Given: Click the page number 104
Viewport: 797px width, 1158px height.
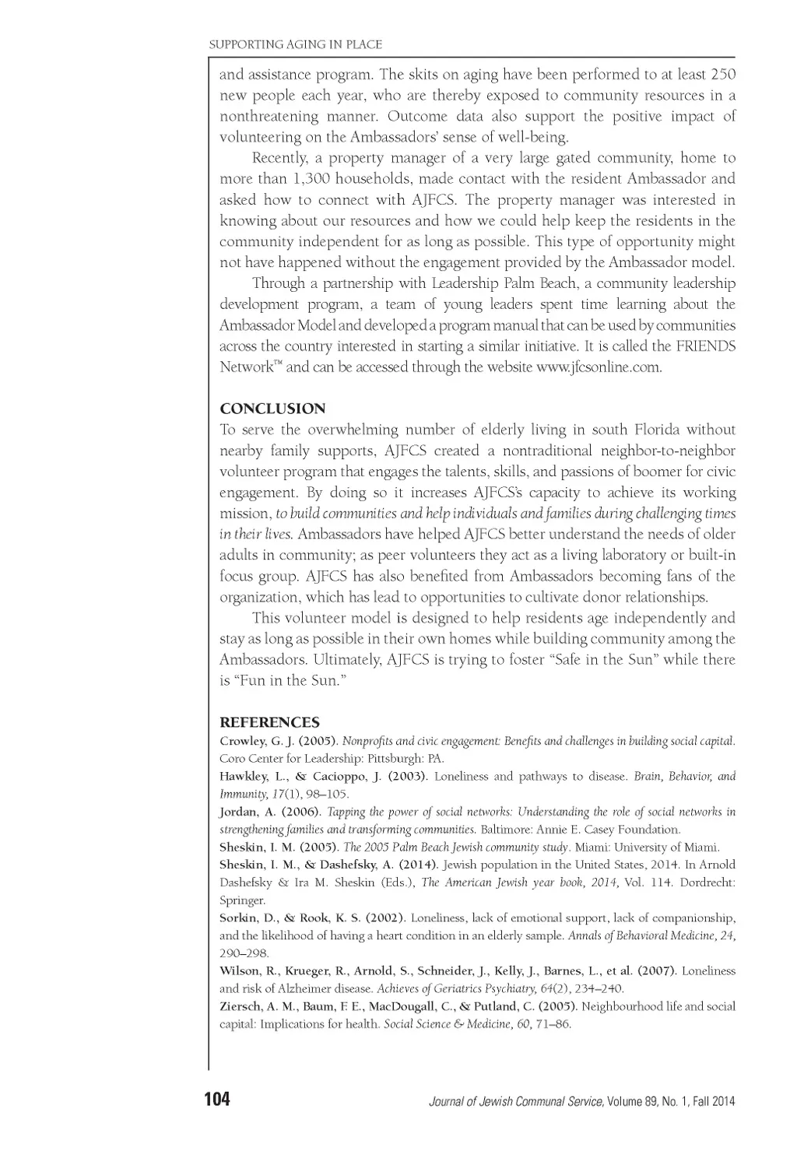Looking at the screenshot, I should pos(217,1100).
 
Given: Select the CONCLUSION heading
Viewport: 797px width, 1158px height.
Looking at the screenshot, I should pos(272,409).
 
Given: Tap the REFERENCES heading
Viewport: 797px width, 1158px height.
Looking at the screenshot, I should pos(269,723).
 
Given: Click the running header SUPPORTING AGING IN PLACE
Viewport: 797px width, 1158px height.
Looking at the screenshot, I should pos(296,44).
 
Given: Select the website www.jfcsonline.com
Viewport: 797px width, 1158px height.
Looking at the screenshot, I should pos(599,367).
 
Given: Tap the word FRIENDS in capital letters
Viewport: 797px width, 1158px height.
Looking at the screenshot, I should pos(704,346).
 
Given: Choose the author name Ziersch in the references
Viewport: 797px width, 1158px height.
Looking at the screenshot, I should pos(241,1006).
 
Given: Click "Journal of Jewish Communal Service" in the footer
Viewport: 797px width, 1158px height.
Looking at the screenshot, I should pos(517,1101).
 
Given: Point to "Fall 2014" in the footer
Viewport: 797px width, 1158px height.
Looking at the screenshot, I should pos(712,1101).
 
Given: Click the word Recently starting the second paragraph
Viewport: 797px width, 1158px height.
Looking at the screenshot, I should pos(279,158).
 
